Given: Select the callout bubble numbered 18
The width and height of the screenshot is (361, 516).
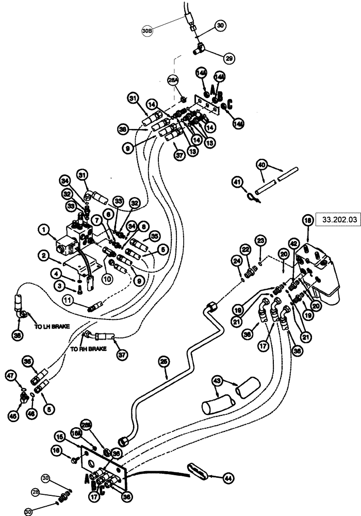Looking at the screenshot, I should [308, 220].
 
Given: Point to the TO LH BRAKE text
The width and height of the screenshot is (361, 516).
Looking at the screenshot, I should [52, 326].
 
